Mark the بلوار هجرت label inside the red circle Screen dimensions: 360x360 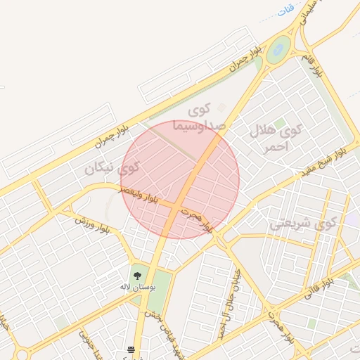click(x=195, y=219)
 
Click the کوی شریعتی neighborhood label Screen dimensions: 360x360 click(x=304, y=224)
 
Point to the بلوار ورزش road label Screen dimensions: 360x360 click(x=94, y=224)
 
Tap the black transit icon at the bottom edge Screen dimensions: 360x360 click(x=131, y=349)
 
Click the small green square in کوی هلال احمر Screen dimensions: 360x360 click(x=280, y=123)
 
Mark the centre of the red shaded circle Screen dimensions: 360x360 click(x=180, y=179)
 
